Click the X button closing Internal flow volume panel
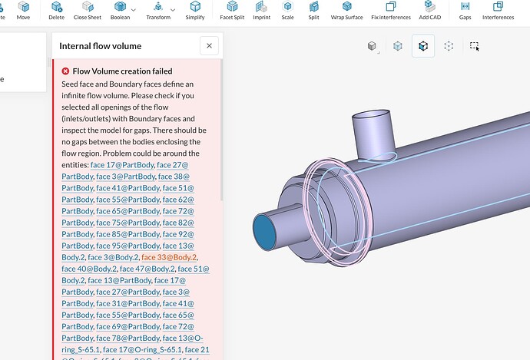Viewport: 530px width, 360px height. (x=210, y=46)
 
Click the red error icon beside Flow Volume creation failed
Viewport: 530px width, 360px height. (x=65, y=71)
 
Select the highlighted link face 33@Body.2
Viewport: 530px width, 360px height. (x=169, y=257)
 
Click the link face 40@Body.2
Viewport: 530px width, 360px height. (x=89, y=269)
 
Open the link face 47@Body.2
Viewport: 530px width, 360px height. (x=147, y=269)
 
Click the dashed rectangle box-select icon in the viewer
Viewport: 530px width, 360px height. (x=475, y=46)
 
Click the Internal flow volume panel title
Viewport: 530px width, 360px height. (x=100, y=46)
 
